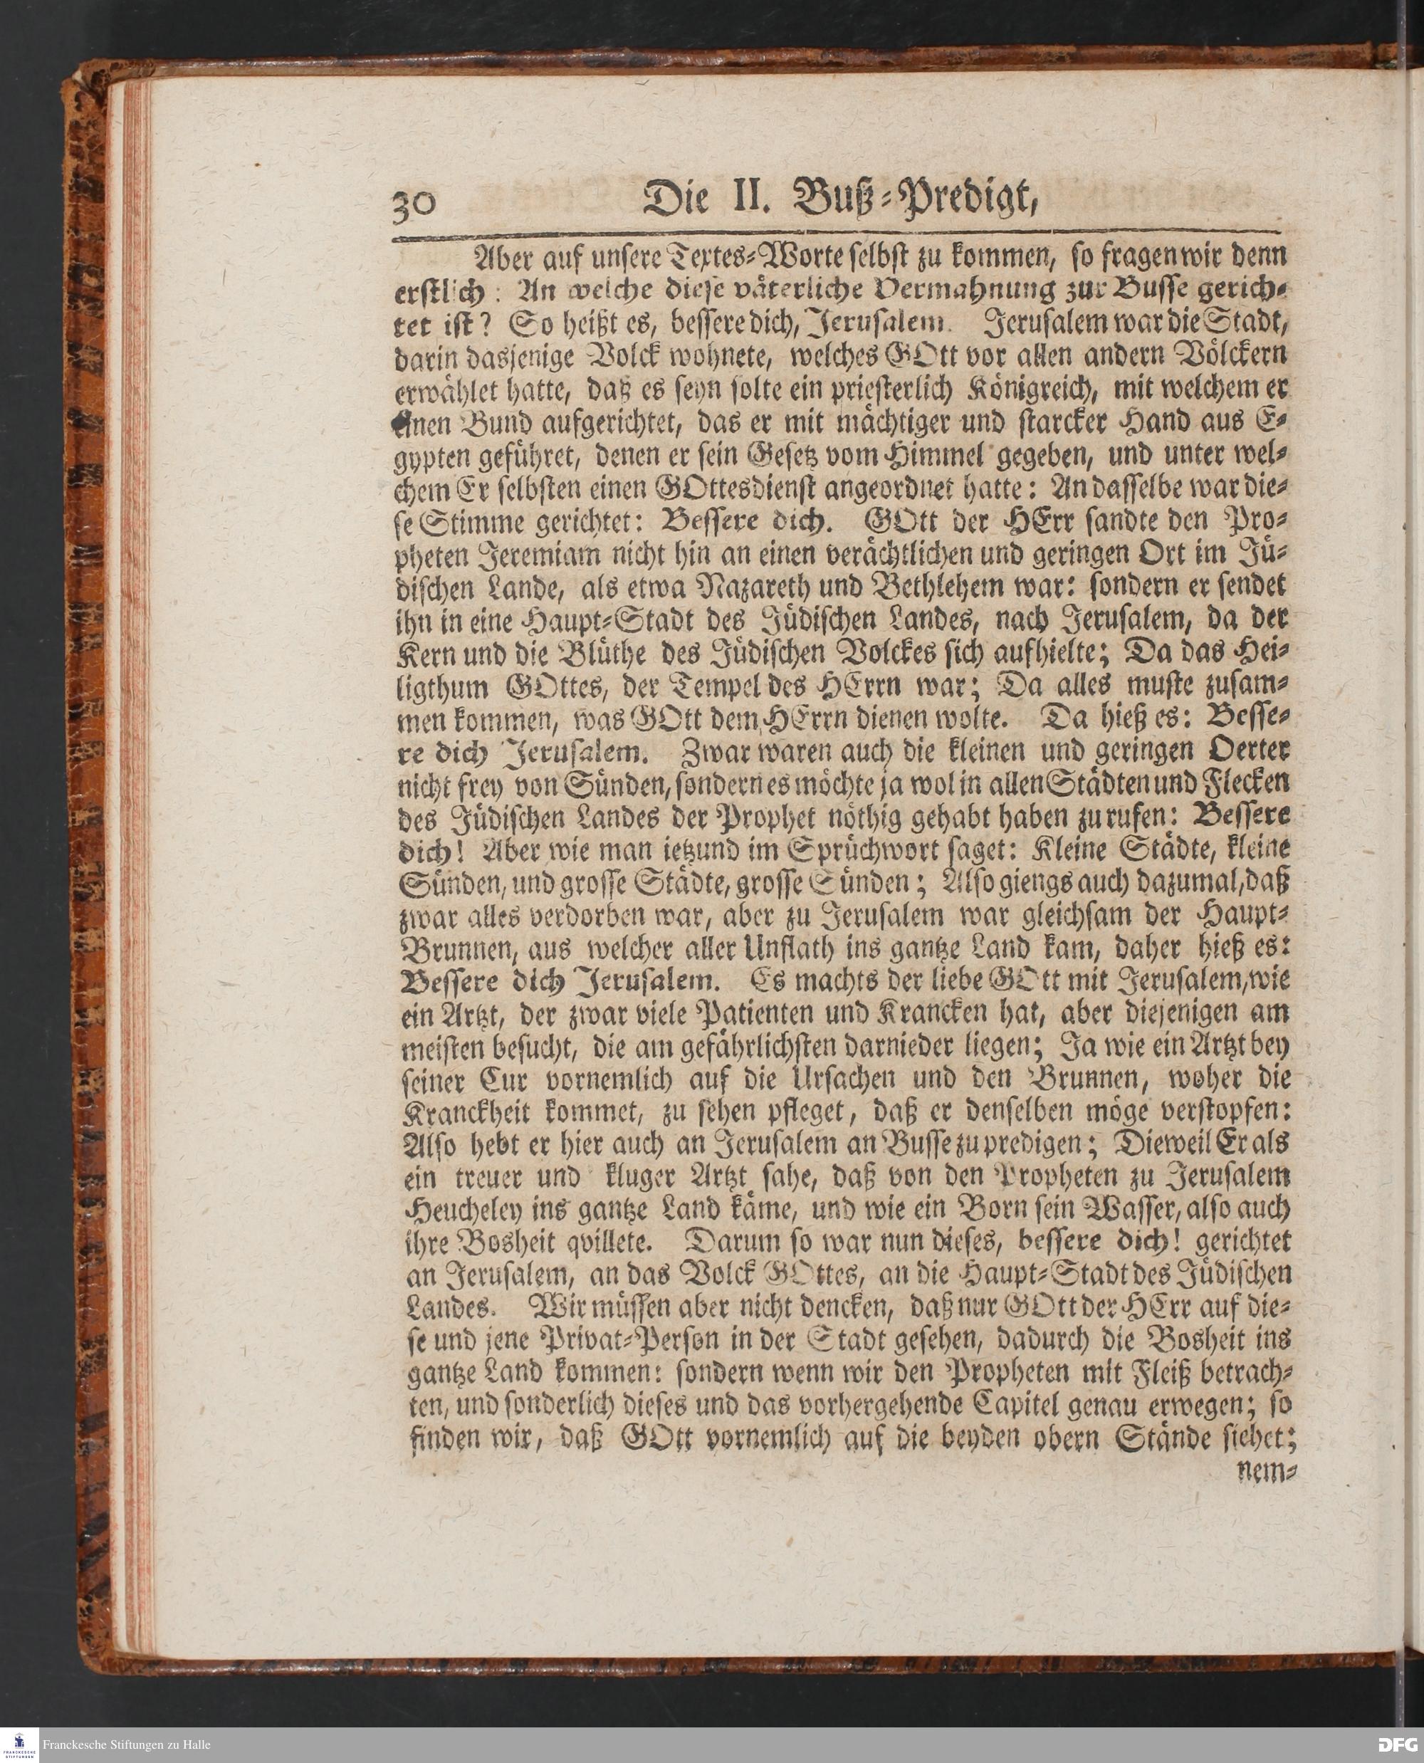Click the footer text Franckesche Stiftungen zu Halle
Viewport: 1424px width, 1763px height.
tap(127, 1744)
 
